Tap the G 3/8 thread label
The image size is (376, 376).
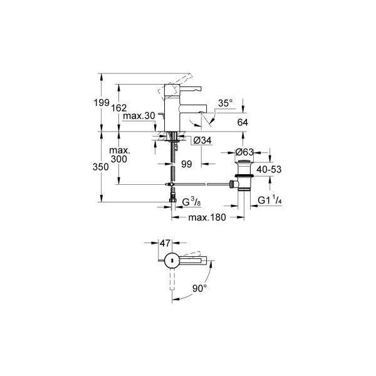click(191, 202)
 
